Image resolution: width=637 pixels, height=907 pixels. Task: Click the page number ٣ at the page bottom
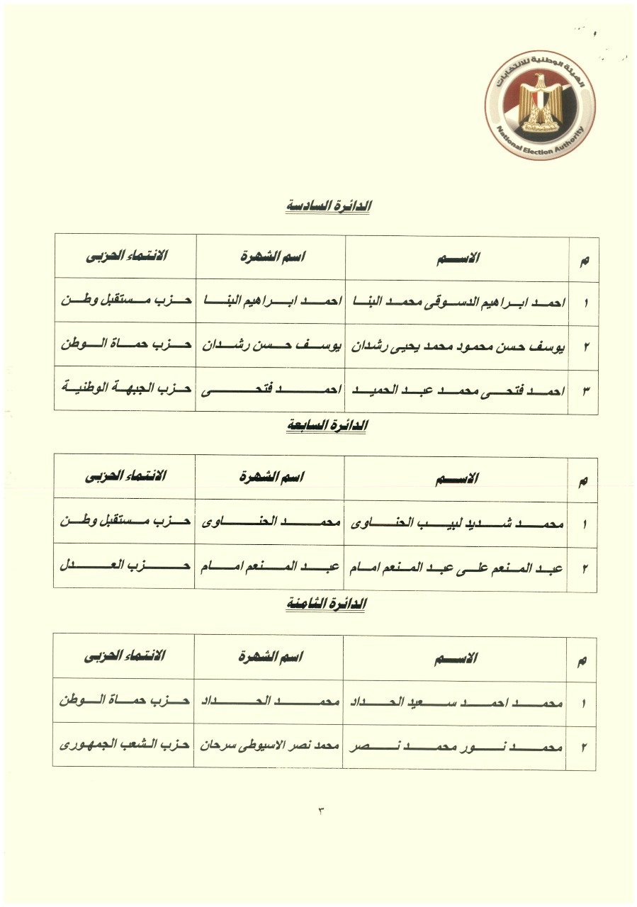tap(320, 810)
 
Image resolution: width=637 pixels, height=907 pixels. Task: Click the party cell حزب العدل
tap(125, 566)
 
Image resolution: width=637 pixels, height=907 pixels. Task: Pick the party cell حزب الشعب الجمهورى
tap(125, 746)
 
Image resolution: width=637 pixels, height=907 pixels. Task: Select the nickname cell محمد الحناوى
tap(270, 524)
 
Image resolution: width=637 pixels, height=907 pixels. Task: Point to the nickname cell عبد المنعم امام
tap(270, 567)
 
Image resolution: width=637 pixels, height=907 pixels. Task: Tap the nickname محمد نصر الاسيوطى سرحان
tap(269, 746)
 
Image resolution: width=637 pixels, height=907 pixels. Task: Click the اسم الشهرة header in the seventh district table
tap(271, 478)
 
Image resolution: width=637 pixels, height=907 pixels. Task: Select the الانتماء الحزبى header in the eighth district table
tap(125, 656)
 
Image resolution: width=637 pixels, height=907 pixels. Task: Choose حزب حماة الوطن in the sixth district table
tap(126, 346)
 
